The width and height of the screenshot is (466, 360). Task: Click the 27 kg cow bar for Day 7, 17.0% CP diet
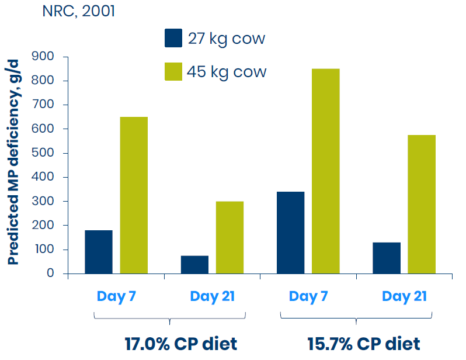pos(99,252)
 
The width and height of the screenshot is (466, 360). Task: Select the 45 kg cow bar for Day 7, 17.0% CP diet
pos(134,195)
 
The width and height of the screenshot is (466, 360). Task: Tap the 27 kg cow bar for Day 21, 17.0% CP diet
pos(194,264)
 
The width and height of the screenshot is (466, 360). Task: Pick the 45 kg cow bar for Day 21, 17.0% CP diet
pos(229,237)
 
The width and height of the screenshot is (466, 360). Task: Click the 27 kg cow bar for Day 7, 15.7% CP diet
pos(290,233)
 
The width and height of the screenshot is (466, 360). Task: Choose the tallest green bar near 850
pos(325,171)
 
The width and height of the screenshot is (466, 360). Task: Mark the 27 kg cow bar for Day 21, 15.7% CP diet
pos(386,258)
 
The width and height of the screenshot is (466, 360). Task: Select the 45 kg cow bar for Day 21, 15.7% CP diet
pos(421,204)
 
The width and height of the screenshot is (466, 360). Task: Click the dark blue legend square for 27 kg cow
pos(174,38)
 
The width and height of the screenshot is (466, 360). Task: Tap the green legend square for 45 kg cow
pos(174,71)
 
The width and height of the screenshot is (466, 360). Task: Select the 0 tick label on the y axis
pos(50,274)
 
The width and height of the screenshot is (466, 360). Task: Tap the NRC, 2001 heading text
pos(78,12)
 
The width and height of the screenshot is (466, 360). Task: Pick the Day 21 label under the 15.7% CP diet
pos(404,296)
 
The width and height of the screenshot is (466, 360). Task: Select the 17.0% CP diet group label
pos(181,344)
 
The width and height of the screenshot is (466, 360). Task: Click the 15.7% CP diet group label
pos(364,344)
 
